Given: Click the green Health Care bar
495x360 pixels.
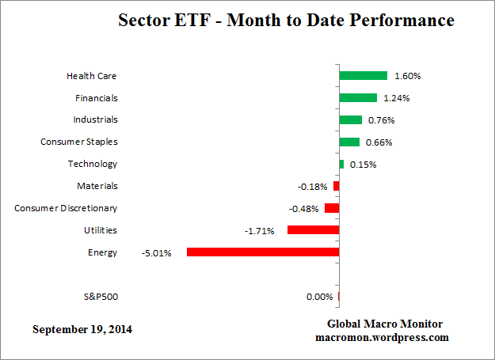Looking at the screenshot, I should [x=363, y=76].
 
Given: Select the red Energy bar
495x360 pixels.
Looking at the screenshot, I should [x=263, y=252].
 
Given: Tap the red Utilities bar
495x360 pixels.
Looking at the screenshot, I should [x=313, y=230].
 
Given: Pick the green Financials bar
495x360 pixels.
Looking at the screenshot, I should [x=358, y=98].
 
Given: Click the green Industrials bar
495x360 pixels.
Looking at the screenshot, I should [x=350, y=120].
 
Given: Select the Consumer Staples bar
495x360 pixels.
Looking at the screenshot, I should [x=349, y=142].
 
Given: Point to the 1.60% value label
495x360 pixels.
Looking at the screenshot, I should [x=407, y=77].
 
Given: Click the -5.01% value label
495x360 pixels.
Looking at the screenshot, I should [x=158, y=253].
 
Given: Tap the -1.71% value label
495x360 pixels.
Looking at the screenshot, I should [x=259, y=231].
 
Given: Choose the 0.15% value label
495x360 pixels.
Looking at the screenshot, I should [x=363, y=165].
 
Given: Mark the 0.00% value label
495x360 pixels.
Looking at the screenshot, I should [x=319, y=297].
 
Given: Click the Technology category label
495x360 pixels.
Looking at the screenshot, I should [x=93, y=164].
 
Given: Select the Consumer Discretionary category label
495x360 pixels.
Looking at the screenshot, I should [x=66, y=208].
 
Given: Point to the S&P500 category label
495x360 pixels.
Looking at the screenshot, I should [x=101, y=297].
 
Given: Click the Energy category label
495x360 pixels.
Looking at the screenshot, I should [x=103, y=252].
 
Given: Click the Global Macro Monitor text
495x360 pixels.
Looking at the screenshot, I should [x=385, y=324].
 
